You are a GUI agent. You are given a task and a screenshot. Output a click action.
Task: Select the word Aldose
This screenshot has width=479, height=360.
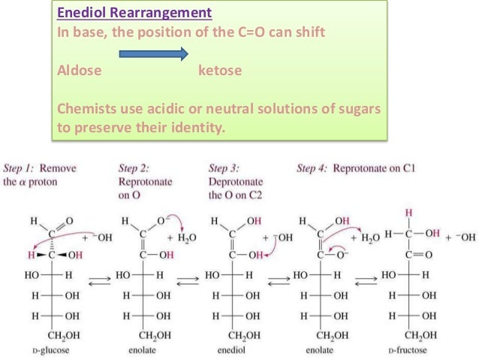(x=80, y=71)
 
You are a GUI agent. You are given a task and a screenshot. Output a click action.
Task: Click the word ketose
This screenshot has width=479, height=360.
(x=220, y=71)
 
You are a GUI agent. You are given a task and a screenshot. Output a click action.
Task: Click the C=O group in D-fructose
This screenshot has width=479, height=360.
(x=413, y=254)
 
